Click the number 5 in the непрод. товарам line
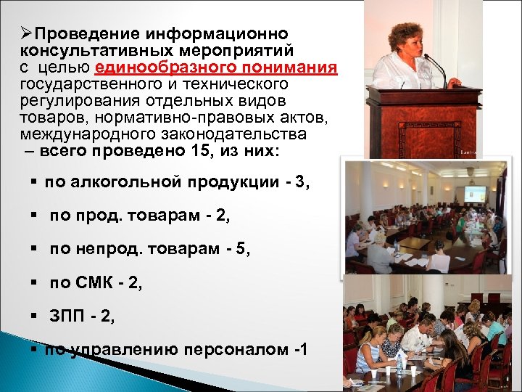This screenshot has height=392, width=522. tap(241, 250)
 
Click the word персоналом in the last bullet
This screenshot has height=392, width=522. tap(237, 349)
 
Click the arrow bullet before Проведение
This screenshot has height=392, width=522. tap(26, 34)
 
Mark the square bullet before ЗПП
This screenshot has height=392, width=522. tap(33, 317)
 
